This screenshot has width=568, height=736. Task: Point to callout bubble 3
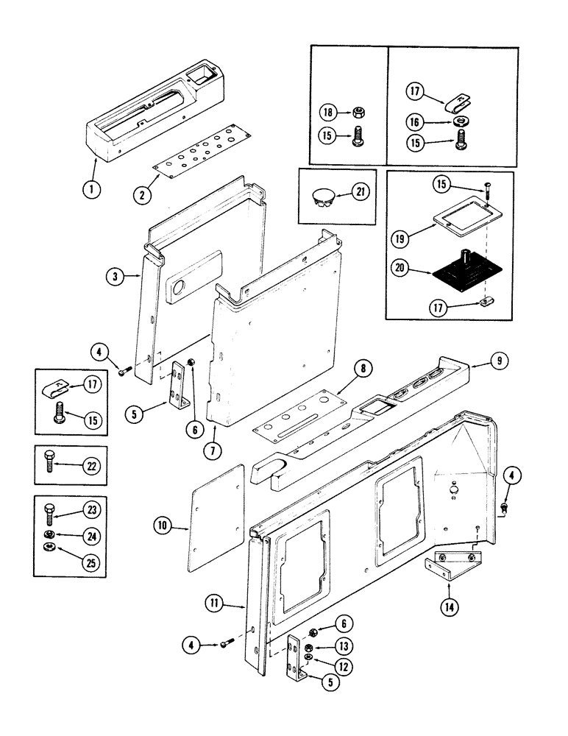pos(115,277)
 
